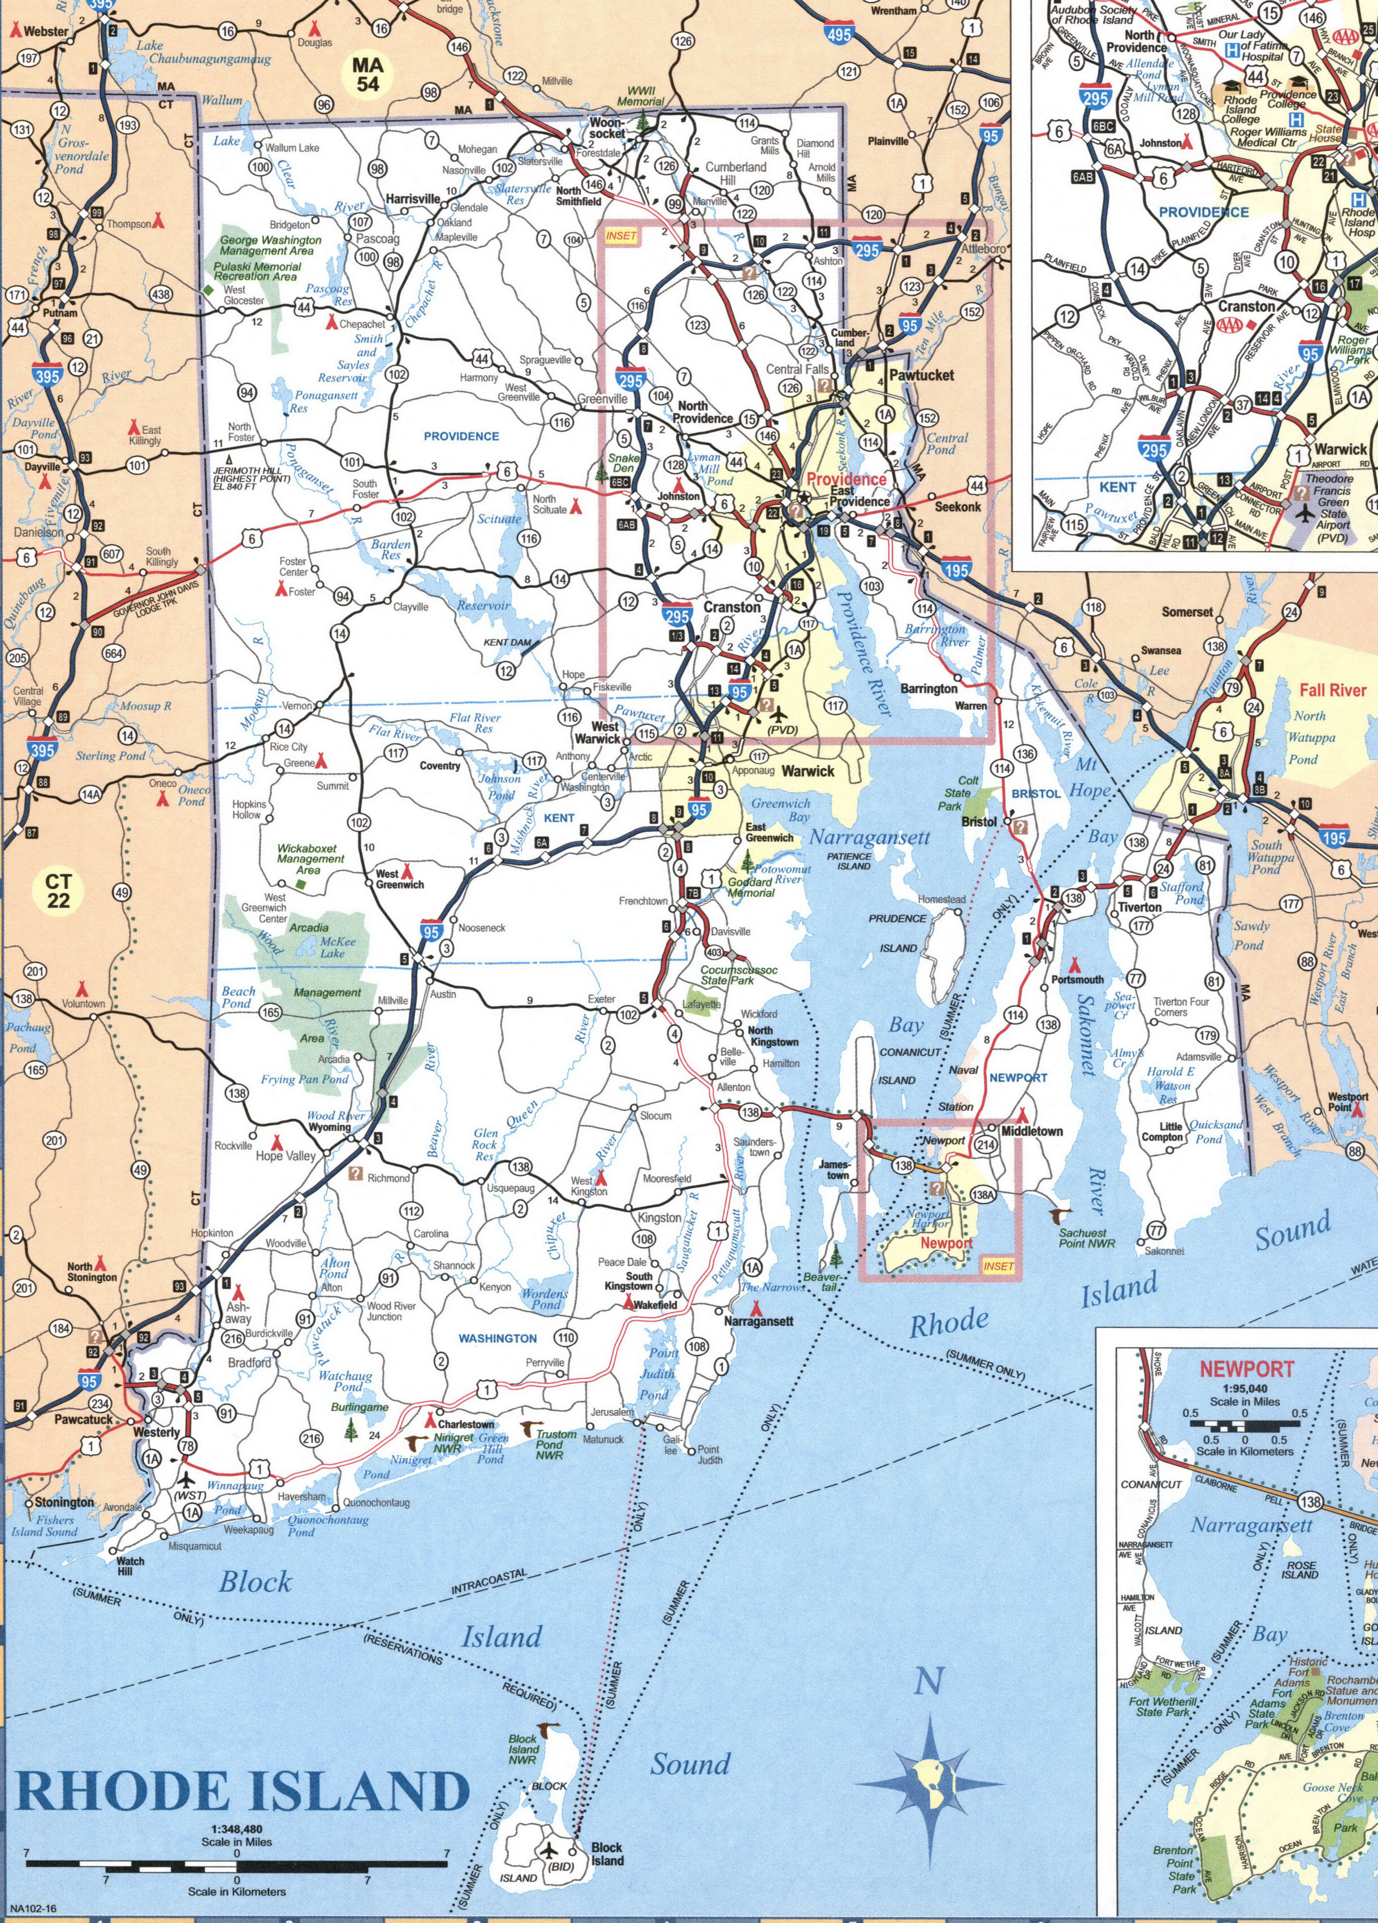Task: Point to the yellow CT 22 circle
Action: [58, 890]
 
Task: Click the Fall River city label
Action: [1332, 690]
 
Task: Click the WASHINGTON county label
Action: [498, 1338]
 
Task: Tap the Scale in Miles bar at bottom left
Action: [236, 1864]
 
